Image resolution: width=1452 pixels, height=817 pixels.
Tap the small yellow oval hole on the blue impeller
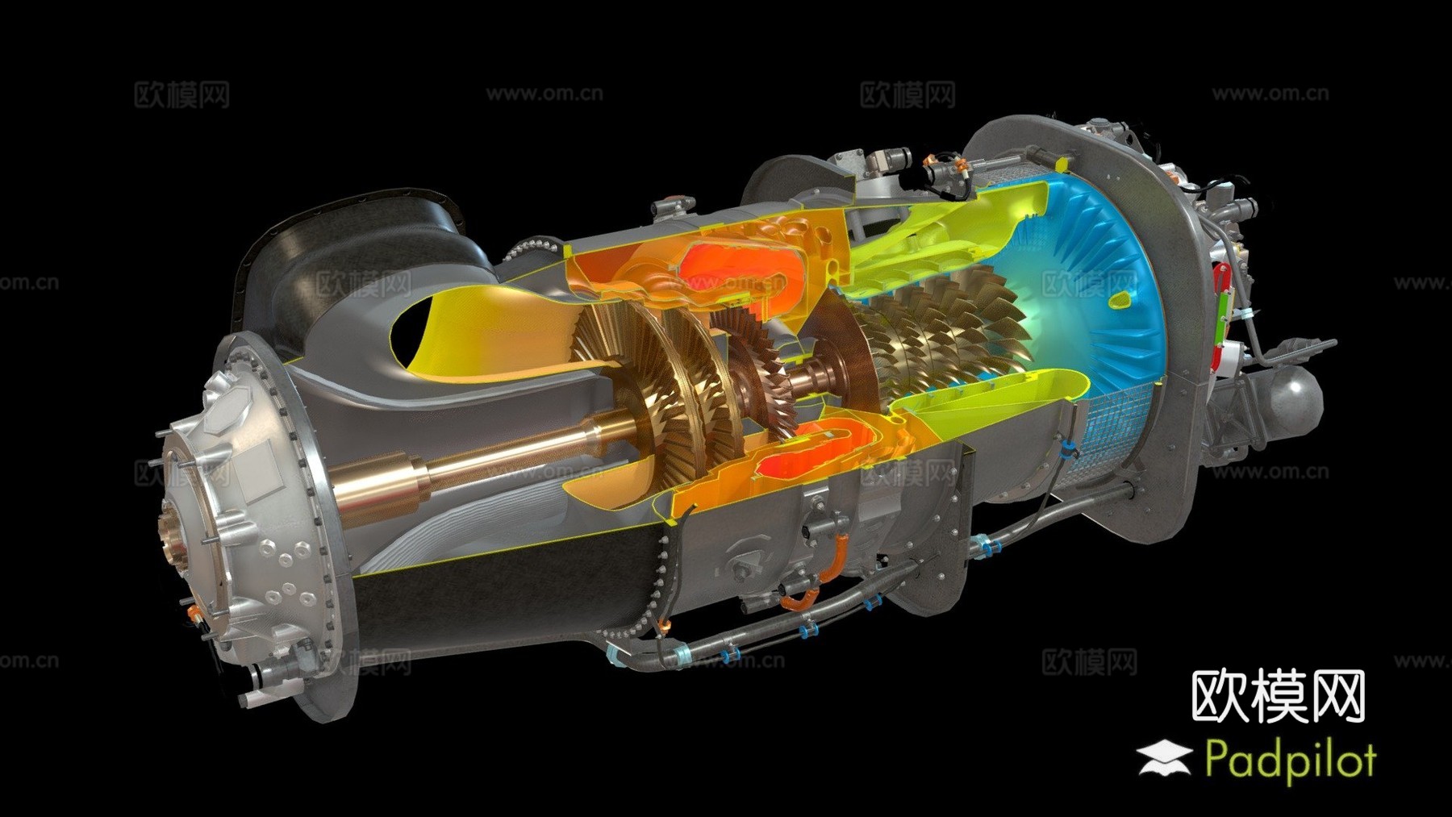[1120, 301]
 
